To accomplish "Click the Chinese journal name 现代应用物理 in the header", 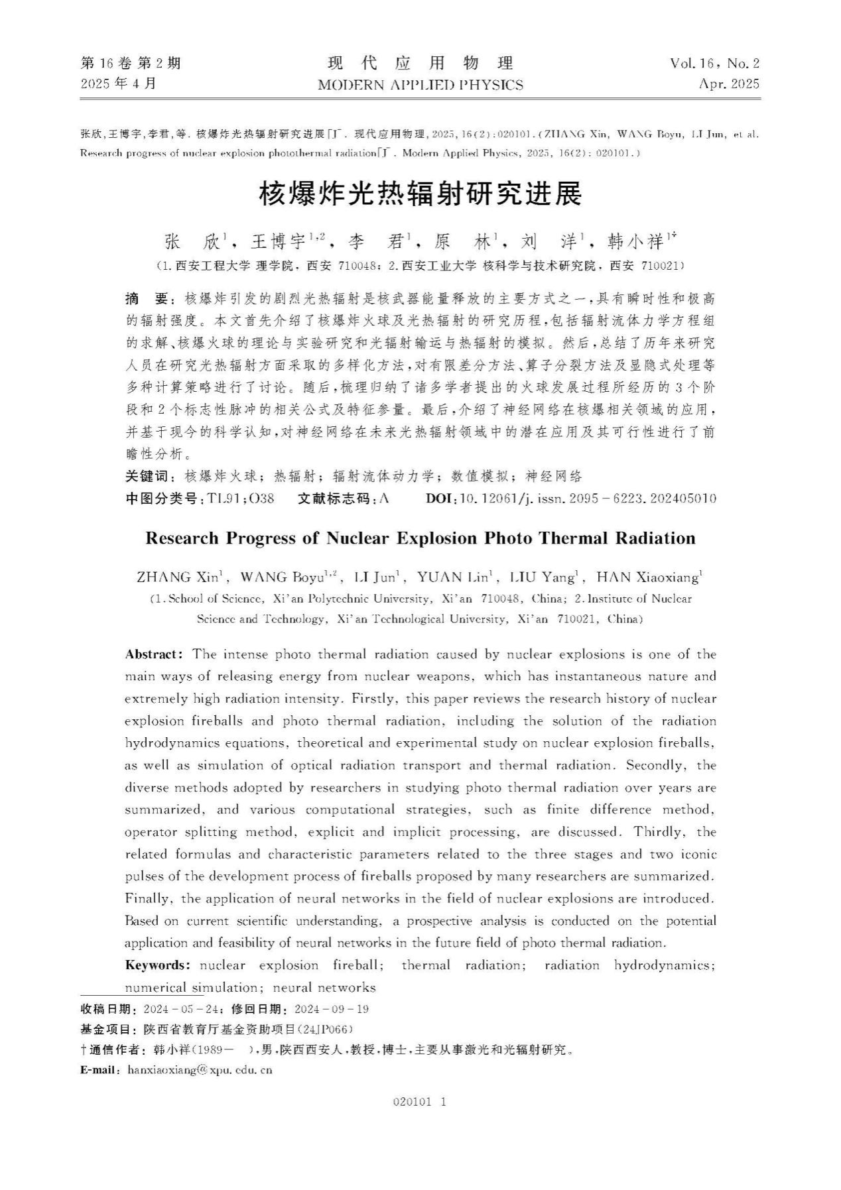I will click(x=420, y=64).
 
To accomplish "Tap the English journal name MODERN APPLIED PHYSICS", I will click(x=420, y=85).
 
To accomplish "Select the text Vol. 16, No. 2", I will click(x=714, y=64).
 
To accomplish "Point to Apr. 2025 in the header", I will click(x=728, y=84).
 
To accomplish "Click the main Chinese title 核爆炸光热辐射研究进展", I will click(x=420, y=194).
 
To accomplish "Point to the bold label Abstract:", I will click(x=154, y=654).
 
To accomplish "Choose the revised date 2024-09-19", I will click(x=331, y=1010).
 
